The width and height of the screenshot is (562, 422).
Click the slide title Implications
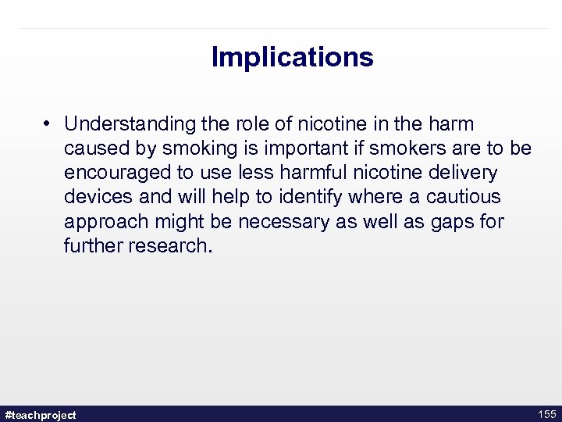pyautogui.click(x=292, y=57)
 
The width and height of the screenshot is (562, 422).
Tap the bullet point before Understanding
pyautogui.click(x=48, y=124)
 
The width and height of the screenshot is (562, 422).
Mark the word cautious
pyautogui.click(x=464, y=197)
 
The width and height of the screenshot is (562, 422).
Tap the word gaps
pyautogui.click(x=451, y=222)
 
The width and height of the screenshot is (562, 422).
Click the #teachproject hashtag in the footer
pyautogui.click(x=41, y=415)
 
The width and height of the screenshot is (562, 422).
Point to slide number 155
pyautogui.click(x=546, y=414)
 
